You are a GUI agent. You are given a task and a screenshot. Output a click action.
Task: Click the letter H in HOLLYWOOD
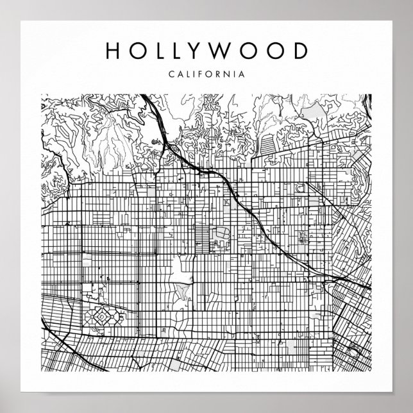click(112, 51)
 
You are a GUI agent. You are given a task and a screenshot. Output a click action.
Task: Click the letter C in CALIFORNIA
click(171, 74)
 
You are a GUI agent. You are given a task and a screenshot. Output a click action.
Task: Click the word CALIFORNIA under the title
click(206, 74)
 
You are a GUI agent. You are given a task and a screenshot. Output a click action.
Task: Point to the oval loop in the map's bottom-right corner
click(351, 350)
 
